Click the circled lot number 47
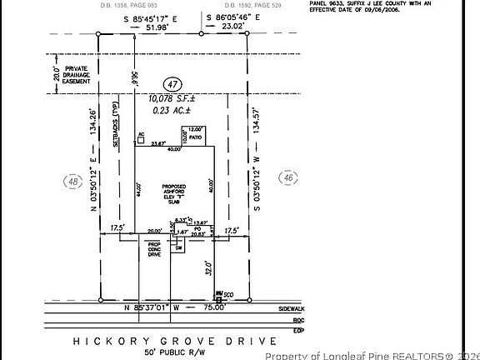(x=172, y=84)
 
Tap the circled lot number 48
(x=74, y=181)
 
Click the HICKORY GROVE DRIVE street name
(x=180, y=341)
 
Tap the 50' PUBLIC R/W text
(x=180, y=352)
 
